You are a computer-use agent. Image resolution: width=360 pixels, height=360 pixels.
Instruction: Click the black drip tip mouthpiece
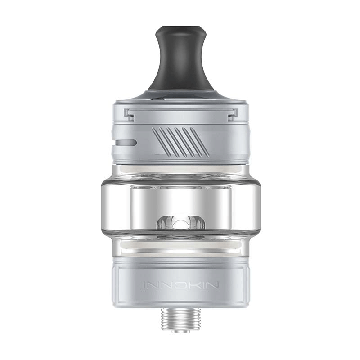click(x=180, y=63)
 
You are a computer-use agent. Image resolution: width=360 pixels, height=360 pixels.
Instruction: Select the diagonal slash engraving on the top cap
click(x=177, y=142)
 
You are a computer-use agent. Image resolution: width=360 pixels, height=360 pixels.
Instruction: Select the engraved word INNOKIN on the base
click(x=180, y=285)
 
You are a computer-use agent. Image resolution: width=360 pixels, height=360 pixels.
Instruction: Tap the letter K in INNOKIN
click(x=194, y=285)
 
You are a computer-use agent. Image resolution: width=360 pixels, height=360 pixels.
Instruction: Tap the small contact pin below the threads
click(x=180, y=331)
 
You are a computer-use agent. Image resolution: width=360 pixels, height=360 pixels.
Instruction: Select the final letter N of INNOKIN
click(x=213, y=285)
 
